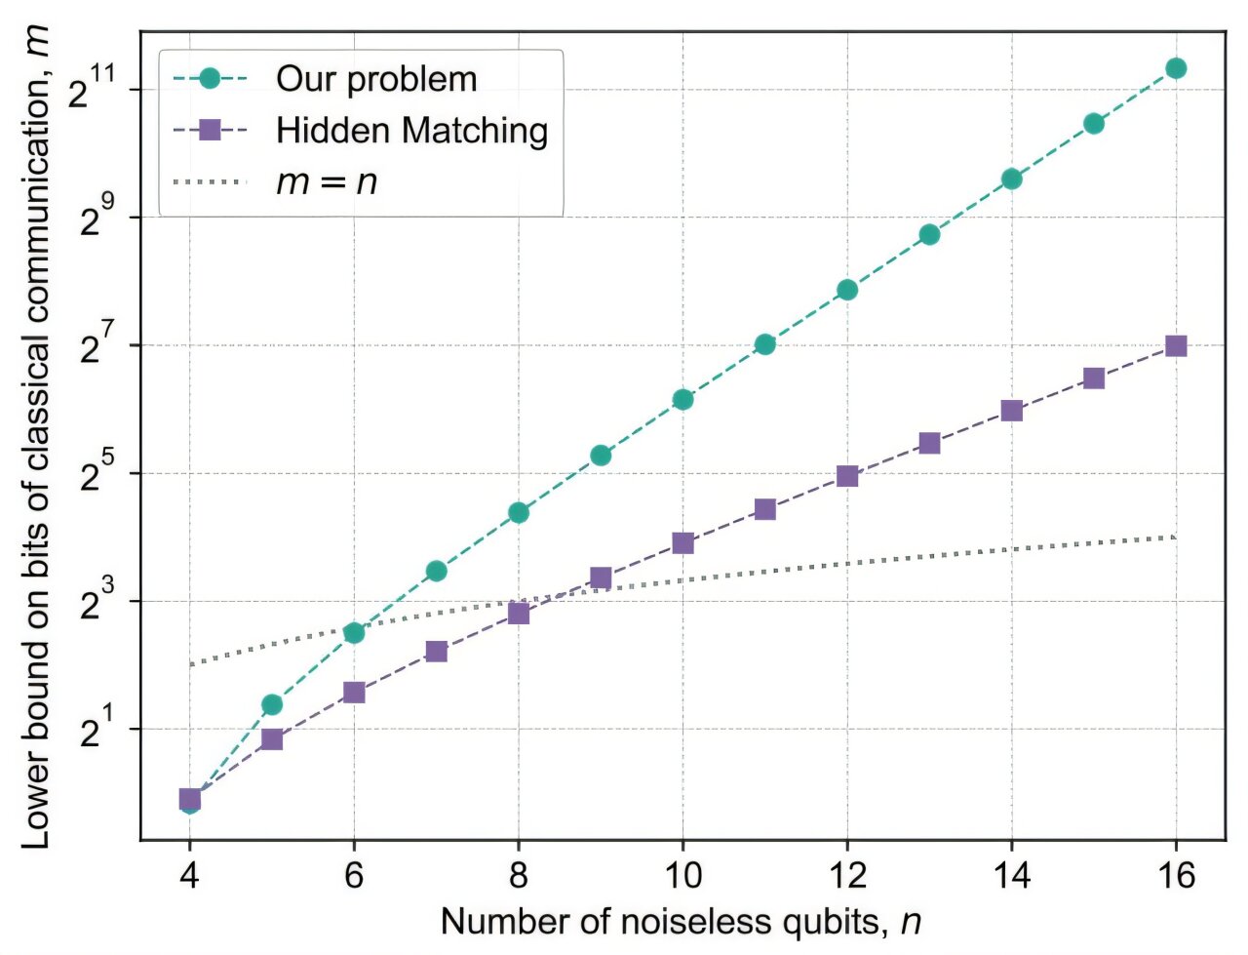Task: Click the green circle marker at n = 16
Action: point(1176,68)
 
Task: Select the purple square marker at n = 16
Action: point(1176,346)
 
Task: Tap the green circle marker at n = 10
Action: point(682,399)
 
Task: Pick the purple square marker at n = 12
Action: point(847,476)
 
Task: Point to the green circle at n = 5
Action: point(272,704)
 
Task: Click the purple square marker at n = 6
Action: point(354,693)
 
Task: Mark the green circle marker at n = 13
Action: point(929,234)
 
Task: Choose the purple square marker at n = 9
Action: point(601,578)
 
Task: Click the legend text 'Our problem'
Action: point(376,80)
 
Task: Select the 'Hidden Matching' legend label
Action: point(411,131)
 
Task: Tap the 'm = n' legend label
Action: point(326,181)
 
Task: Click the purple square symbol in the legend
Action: point(210,131)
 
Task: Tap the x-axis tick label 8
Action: point(519,876)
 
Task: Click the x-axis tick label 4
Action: point(190,876)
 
